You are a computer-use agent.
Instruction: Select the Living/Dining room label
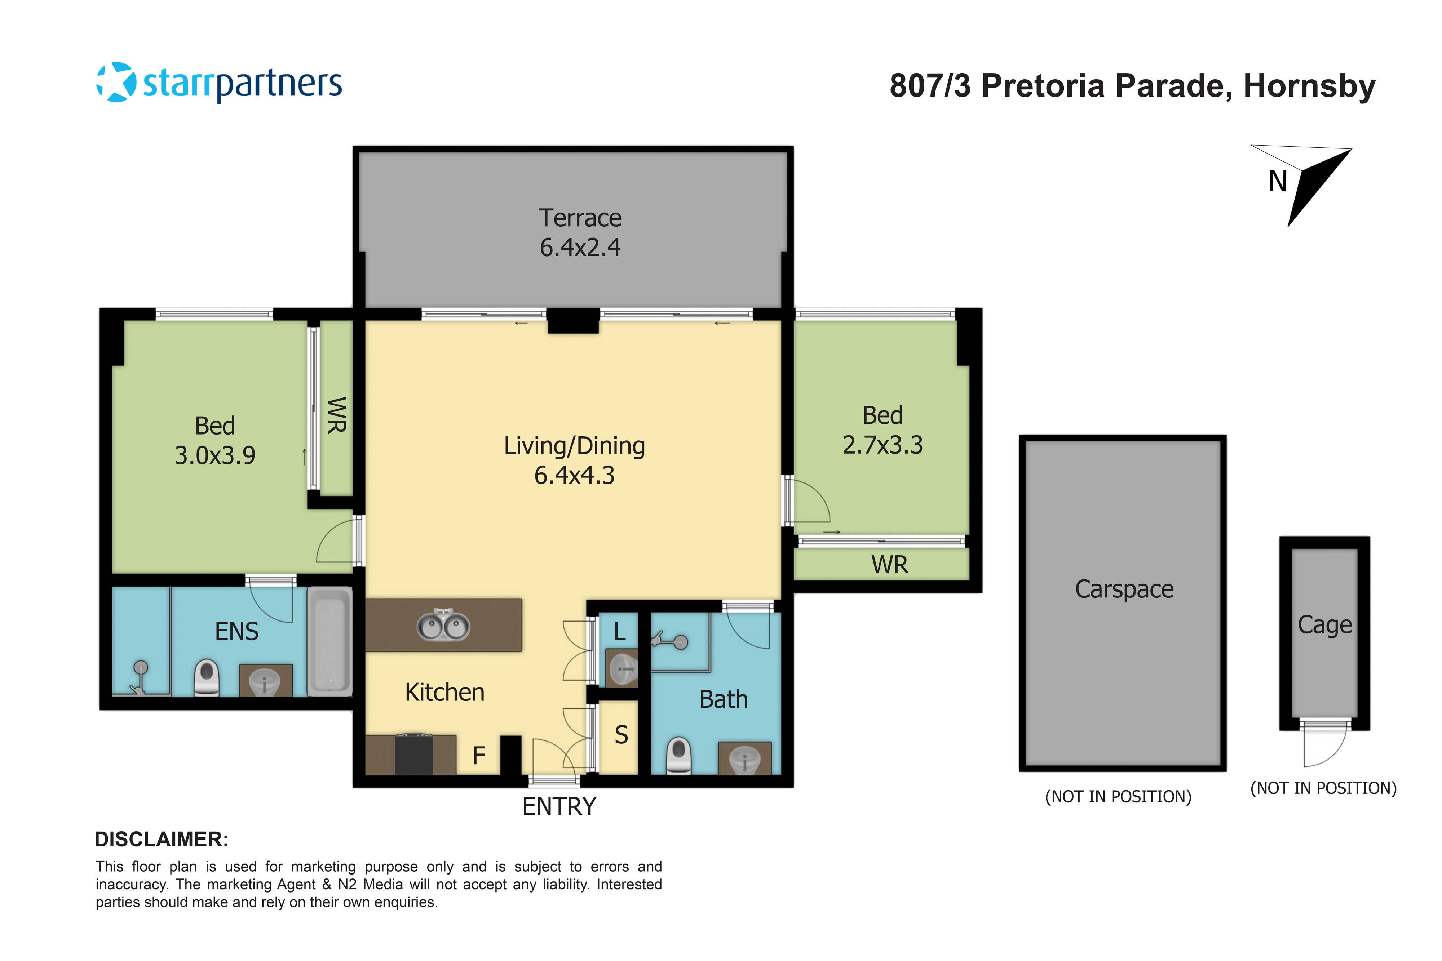point(575,446)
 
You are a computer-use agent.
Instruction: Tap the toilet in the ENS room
point(207,677)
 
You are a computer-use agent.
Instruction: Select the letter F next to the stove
point(479,756)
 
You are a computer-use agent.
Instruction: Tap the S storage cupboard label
point(621,735)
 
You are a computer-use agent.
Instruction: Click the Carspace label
point(1124,589)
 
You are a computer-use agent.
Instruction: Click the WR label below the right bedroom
point(890,565)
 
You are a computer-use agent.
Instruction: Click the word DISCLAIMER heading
point(161,839)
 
